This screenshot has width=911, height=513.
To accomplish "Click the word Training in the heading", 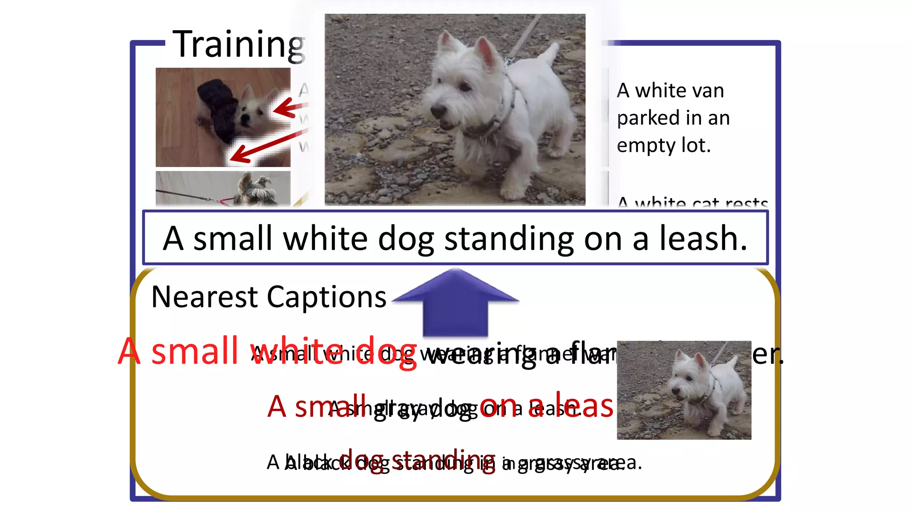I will (x=238, y=45).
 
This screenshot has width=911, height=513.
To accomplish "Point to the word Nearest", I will (x=204, y=297).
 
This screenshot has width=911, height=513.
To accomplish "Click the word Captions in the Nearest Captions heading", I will (x=327, y=297).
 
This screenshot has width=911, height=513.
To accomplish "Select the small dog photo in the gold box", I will (x=684, y=390).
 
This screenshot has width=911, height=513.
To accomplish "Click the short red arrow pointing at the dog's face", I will (x=289, y=108).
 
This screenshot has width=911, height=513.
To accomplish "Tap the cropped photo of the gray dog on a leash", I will (x=223, y=188).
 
